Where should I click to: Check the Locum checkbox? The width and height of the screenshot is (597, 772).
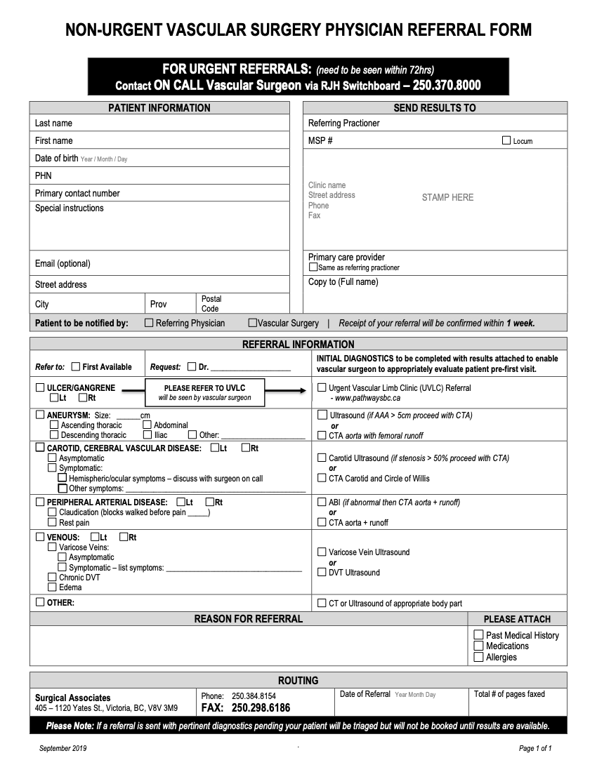506,140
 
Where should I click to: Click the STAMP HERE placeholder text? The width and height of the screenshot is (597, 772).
447,197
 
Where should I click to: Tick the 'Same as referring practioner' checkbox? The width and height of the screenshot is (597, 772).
313,267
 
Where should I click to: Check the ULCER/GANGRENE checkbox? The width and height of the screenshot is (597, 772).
40,387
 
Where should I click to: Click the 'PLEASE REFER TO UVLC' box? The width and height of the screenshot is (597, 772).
204,392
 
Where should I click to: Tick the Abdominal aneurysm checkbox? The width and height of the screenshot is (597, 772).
147,425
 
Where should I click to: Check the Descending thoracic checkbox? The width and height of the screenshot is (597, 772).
54,435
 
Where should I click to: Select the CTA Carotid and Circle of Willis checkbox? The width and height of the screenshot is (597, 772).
322,478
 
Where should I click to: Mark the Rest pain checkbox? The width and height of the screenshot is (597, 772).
52,522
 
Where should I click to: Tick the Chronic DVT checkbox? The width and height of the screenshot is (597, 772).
52,577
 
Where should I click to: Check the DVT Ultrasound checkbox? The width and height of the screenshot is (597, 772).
322,572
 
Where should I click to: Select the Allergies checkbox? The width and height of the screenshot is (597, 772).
479,658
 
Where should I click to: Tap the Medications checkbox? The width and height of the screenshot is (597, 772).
479,646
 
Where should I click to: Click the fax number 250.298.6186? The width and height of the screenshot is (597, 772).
261,707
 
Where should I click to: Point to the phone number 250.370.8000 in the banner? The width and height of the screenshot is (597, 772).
447,86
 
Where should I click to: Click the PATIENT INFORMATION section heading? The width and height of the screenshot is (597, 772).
159,108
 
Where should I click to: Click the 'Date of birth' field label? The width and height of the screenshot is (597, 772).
56,158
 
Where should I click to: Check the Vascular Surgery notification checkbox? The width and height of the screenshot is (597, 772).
252,323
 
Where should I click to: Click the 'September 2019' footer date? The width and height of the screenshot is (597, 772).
63,748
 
